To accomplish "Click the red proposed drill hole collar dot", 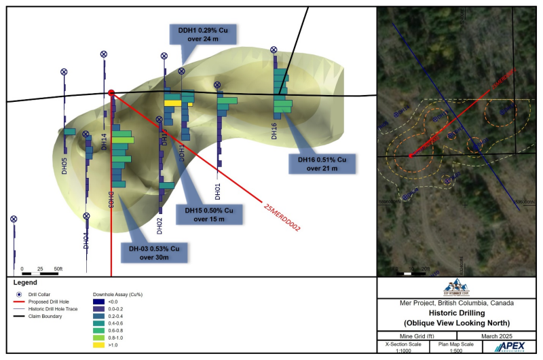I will pos(111,93).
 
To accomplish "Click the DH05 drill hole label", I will pos(64,166).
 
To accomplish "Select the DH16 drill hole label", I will pos(274,130).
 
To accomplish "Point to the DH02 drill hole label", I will pos(160,225).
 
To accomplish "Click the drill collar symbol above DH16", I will pos(274,50).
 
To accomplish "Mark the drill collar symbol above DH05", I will pos(64,71).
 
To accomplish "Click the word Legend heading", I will pos(26,282).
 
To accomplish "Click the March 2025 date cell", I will pos(500,335).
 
